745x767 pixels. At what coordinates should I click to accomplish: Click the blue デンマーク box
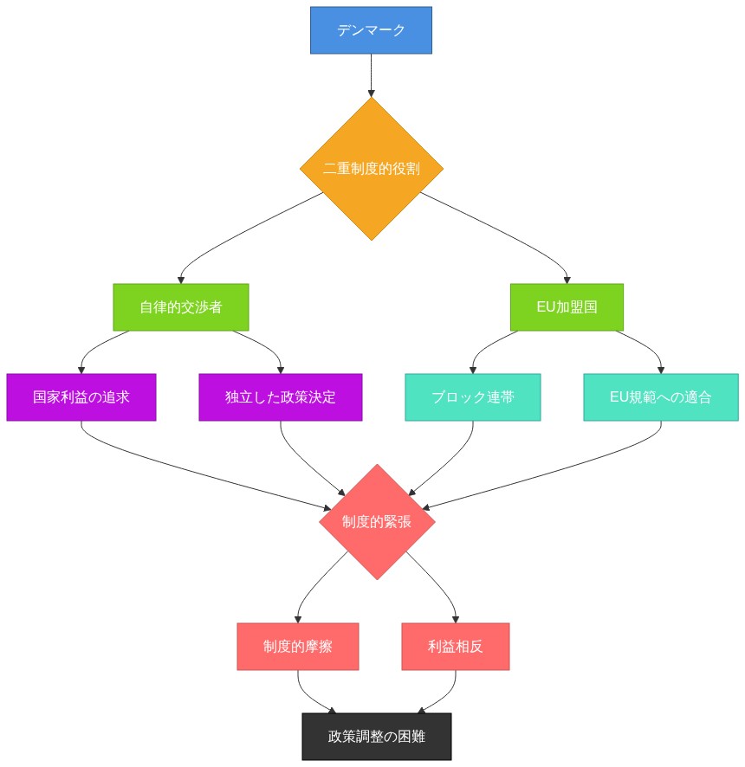[x=371, y=30]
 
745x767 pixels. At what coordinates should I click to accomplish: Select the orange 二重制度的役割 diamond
[x=371, y=169]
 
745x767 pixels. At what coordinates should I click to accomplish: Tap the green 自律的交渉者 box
[x=180, y=307]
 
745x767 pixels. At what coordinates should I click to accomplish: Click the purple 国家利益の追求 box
[x=81, y=397]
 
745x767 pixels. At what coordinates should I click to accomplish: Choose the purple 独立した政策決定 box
[x=280, y=397]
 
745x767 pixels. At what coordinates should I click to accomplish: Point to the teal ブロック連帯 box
[x=473, y=397]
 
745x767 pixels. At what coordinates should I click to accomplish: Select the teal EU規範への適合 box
[x=661, y=397]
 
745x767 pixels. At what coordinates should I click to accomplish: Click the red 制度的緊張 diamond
[x=377, y=522]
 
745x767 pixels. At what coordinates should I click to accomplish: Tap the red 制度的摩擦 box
[x=297, y=647]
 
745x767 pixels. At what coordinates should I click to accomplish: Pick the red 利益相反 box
[x=456, y=647]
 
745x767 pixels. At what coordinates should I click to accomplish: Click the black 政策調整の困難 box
[x=377, y=737]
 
